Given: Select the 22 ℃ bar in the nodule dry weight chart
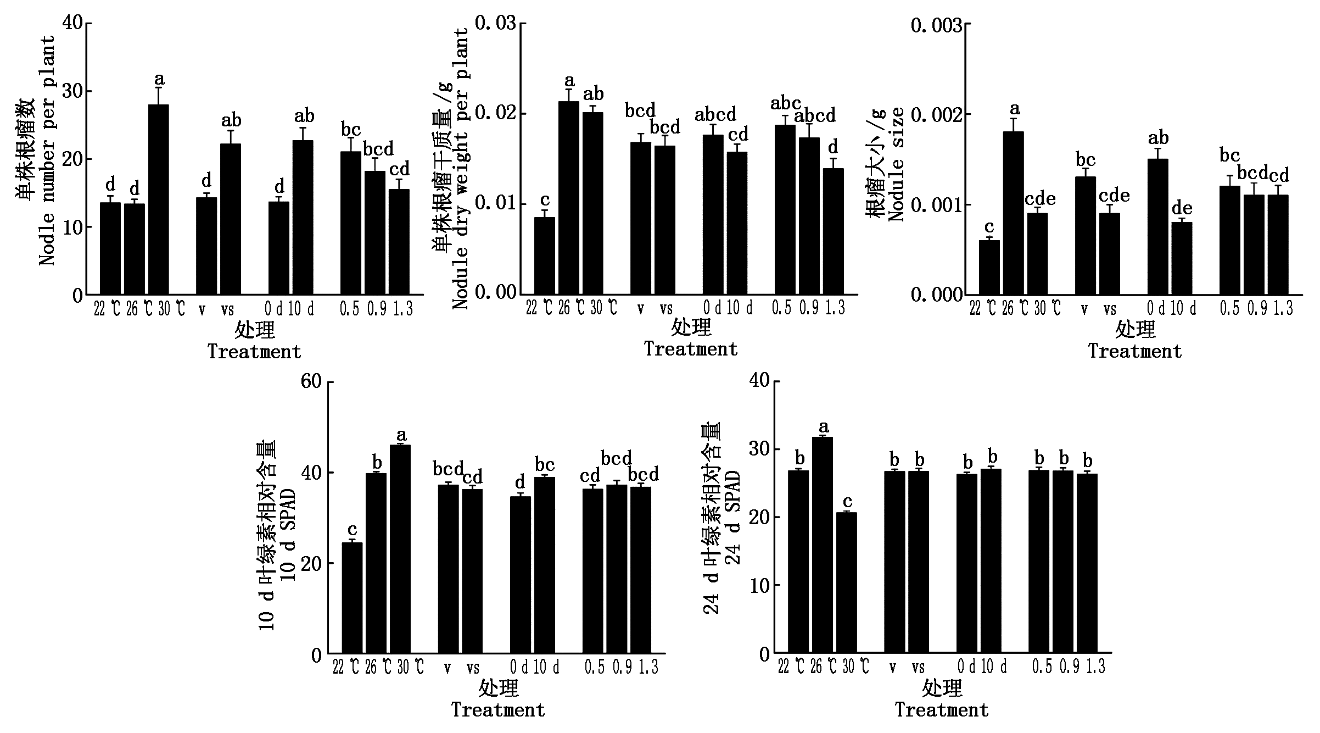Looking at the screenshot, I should pos(544,255).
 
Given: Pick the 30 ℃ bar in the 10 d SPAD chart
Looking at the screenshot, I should pos(400,549).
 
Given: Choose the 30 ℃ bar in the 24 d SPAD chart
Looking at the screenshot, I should pos(846,583).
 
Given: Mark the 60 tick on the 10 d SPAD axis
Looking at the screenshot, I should pos(311,381).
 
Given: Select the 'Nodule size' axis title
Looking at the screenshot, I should pos(896,165).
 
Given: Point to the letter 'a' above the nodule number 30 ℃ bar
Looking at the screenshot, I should pos(159,80).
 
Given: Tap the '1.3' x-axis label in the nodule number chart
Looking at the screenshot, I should pos(402,310).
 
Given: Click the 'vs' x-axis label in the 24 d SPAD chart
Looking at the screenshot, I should pos(918,668).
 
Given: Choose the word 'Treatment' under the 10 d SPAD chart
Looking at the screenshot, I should pos(498,710).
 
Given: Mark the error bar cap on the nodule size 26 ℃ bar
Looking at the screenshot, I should pos(1013,119).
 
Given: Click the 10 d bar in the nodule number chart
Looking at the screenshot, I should pos(303,217).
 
